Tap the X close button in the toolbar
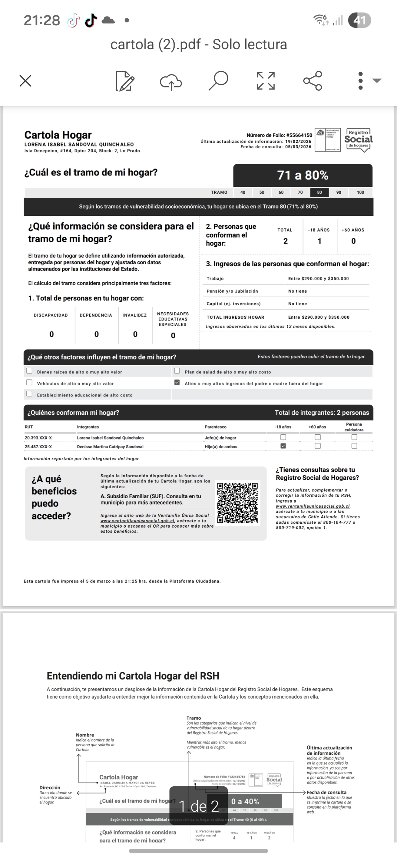[25, 81]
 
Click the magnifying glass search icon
[218, 81]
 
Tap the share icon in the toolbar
[313, 81]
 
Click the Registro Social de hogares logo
[358, 140]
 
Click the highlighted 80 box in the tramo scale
[319, 192]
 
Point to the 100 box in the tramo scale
[361, 192]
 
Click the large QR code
[237, 503]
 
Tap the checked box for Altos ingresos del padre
[177, 383]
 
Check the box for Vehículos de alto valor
[29, 383]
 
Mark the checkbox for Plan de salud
[177, 371]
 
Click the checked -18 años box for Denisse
[283, 446]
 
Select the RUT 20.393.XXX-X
[38, 438]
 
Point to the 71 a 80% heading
[303, 175]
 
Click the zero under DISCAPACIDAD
[51, 334]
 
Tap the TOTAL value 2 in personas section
[286, 241]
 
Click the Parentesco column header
[216, 427]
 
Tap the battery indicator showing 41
[360, 20]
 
